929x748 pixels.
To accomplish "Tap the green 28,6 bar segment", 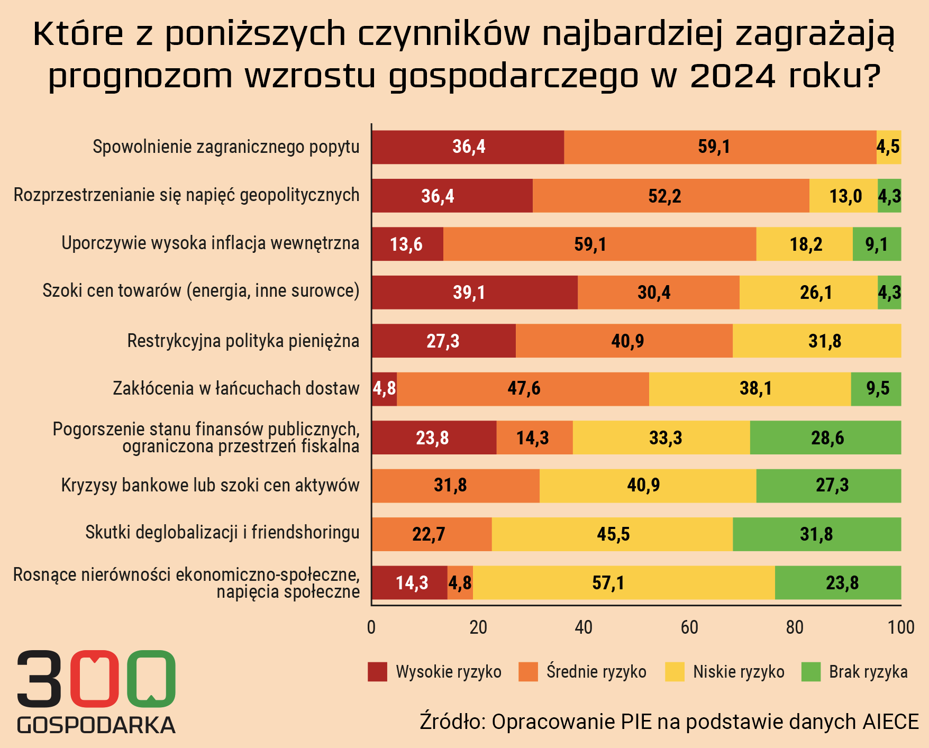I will click(x=825, y=437).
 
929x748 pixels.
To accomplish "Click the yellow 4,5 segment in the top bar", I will click(x=888, y=147).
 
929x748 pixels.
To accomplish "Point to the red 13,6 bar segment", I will click(x=407, y=244).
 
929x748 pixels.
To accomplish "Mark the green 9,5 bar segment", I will click(x=876, y=389).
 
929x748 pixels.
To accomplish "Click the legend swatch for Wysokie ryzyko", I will click(x=377, y=672).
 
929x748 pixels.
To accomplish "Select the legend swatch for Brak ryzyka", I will click(x=810, y=672).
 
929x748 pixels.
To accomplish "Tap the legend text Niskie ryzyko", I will click(x=739, y=672).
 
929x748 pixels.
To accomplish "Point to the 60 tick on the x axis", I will click(x=689, y=627).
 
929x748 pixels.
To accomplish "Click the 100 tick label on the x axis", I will click(x=901, y=627).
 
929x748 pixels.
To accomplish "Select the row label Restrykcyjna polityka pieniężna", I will click(x=243, y=341).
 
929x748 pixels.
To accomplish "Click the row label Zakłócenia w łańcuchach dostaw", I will click(x=236, y=389).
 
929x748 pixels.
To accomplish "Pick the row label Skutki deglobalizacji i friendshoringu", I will click(x=222, y=532).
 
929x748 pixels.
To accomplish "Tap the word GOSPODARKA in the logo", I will click(x=96, y=725).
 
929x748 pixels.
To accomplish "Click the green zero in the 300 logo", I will click(x=151, y=678).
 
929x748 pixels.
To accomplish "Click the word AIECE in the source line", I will click(x=891, y=722).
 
